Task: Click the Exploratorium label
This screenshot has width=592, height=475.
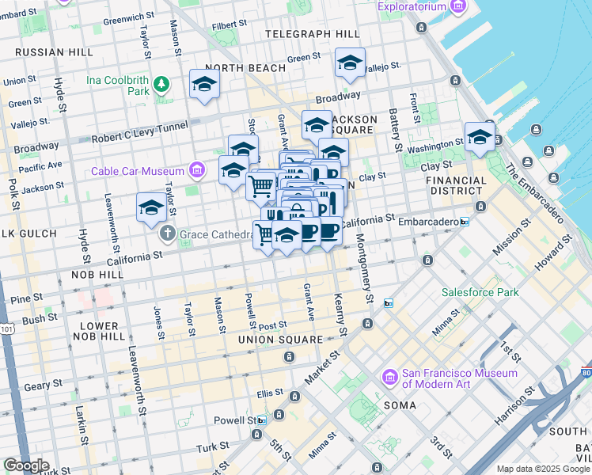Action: click(x=401, y=7)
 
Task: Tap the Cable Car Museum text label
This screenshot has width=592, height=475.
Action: click(x=139, y=171)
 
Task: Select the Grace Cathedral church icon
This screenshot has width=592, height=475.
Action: click(x=166, y=234)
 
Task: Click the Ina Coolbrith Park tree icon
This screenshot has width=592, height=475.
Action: click(x=162, y=83)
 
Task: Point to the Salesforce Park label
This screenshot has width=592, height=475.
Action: click(x=480, y=292)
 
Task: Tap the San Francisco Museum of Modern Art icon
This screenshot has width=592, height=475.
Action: click(x=389, y=378)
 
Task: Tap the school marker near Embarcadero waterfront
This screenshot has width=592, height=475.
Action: click(x=480, y=137)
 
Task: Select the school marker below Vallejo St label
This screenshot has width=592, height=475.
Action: click(x=350, y=64)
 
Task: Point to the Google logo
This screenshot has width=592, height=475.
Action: click(x=26, y=465)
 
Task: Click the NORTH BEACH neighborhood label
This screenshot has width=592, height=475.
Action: click(x=245, y=68)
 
